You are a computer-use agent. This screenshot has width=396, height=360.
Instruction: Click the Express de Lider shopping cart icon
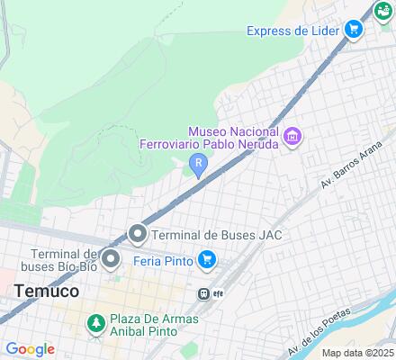point(354,31)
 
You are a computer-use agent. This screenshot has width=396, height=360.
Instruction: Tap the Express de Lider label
point(292,31)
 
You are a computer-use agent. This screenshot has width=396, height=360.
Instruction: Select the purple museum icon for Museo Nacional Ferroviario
point(292,137)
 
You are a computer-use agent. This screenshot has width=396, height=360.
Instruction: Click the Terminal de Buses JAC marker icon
point(137,235)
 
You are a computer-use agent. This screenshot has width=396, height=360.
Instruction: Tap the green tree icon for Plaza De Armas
point(94,321)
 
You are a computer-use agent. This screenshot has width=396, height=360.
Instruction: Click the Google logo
point(30,349)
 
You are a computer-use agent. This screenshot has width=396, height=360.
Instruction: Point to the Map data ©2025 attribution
point(358,353)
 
